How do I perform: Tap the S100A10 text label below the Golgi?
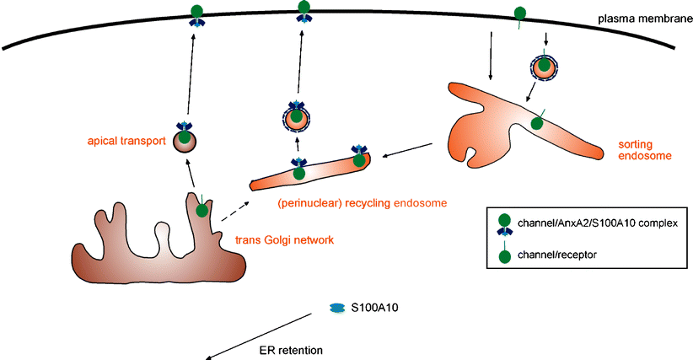click(x=374, y=309)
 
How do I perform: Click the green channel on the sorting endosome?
click(x=537, y=124)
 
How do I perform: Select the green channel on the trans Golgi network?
click(x=202, y=210)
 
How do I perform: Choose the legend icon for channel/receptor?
click(x=505, y=256)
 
